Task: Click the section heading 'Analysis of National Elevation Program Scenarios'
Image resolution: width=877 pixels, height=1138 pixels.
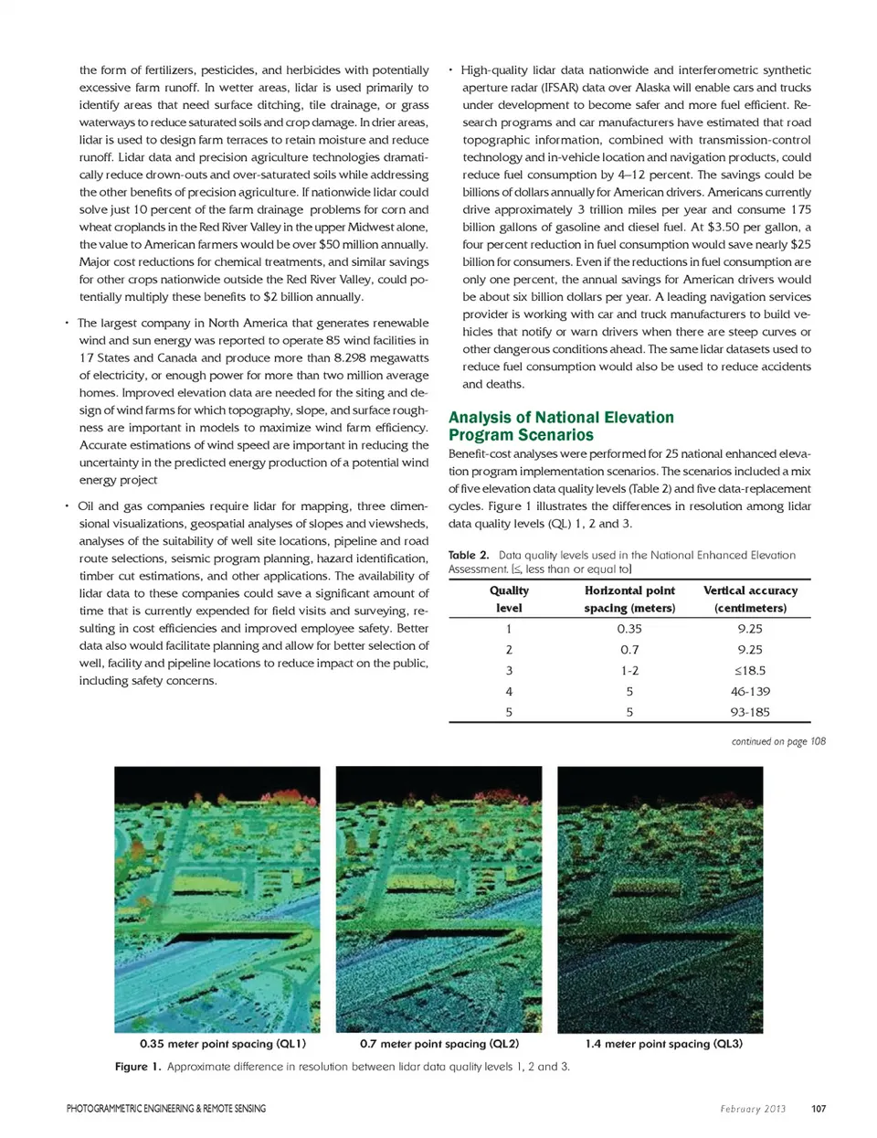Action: pyautogui.click(x=560, y=426)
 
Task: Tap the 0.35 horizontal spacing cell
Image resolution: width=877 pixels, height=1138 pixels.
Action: pyautogui.click(x=629, y=629)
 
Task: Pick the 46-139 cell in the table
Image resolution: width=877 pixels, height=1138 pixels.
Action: pyautogui.click(x=750, y=691)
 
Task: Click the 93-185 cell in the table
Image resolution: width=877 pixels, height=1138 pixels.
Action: pyautogui.click(x=750, y=712)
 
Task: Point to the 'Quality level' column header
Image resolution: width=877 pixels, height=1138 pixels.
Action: pyautogui.click(x=509, y=600)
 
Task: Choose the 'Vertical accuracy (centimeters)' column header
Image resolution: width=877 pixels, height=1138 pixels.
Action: pyautogui.click(x=750, y=600)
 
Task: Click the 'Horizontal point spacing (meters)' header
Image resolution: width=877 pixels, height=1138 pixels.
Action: pyautogui.click(x=629, y=600)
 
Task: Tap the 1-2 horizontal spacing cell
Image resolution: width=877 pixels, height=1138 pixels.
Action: pyautogui.click(x=629, y=670)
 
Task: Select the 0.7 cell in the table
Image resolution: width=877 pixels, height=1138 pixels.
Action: pyautogui.click(x=629, y=650)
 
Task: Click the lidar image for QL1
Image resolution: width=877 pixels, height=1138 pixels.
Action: pyautogui.click(x=217, y=899)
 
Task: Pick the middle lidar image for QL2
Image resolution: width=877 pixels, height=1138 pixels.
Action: pyautogui.click(x=438, y=899)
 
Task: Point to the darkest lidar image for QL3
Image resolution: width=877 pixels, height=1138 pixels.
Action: pyautogui.click(x=660, y=899)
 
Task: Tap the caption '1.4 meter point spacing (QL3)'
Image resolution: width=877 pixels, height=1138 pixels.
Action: pyautogui.click(x=663, y=1044)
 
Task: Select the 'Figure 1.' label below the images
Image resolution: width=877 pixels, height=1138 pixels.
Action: pyautogui.click(x=138, y=1067)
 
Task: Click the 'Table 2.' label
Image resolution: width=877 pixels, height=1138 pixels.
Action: pyautogui.click(x=469, y=555)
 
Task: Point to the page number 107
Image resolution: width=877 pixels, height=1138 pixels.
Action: pyautogui.click(x=819, y=1109)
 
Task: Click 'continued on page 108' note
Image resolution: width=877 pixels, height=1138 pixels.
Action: pyautogui.click(x=778, y=741)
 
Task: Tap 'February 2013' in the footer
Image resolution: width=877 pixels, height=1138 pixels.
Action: pyautogui.click(x=753, y=1109)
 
